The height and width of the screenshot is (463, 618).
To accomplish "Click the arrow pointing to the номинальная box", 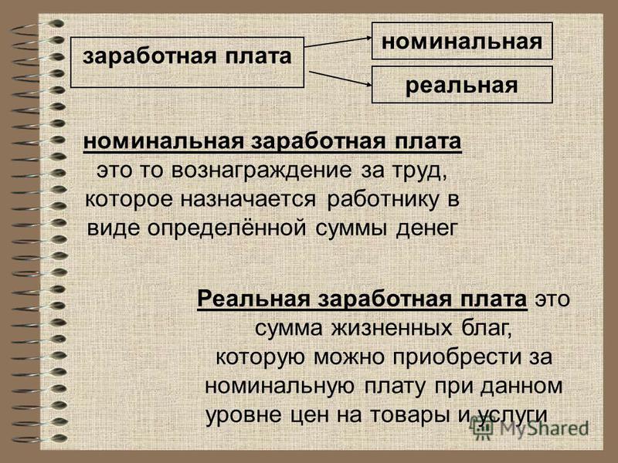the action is pos(338,42).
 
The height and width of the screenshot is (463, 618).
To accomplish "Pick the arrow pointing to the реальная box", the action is pos(340,79).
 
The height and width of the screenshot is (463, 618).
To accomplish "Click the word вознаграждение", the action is pos(262,171).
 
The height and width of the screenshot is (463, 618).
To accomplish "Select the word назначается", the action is pos(248,199).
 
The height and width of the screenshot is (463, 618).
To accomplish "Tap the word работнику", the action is pos(382,200).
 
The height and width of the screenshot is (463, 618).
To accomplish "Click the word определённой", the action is pos(226,228).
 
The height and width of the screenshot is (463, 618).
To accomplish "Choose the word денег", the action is pos(427,228).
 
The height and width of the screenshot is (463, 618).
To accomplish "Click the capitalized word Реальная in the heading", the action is pos(254,299).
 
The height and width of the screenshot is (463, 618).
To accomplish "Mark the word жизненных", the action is pos(392,328).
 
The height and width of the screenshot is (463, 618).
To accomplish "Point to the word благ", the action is pos(487,328).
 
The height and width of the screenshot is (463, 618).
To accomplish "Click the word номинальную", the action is pos(280,387).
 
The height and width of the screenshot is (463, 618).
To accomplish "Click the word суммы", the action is pos(351,228).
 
